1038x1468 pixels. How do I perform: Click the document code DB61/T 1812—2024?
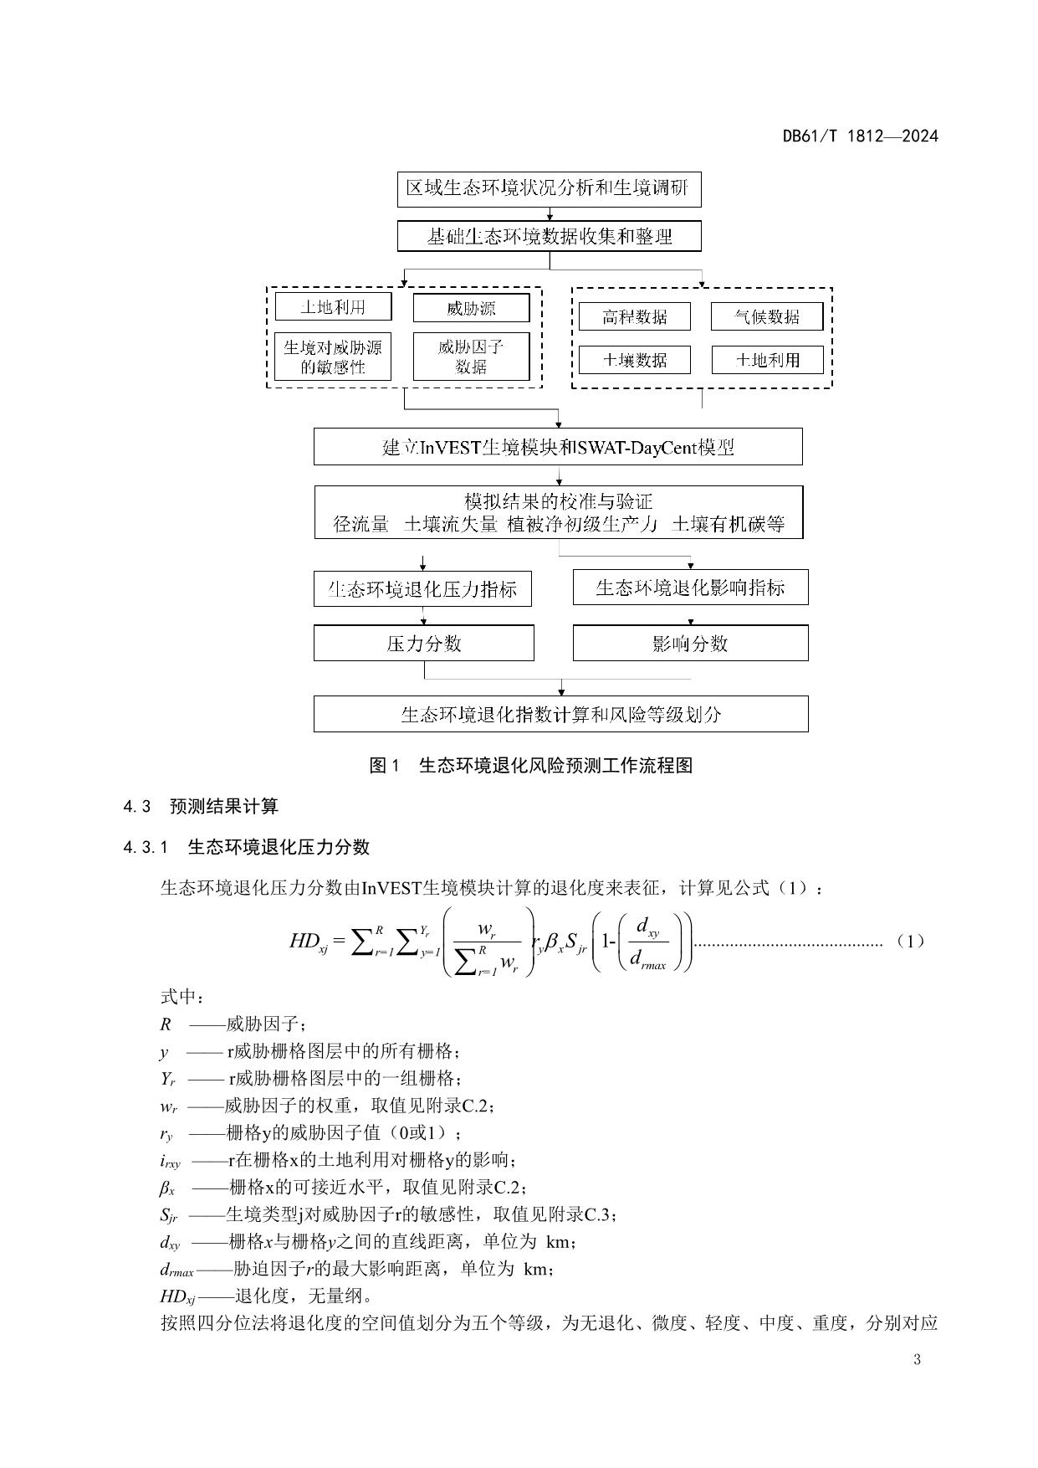(860, 136)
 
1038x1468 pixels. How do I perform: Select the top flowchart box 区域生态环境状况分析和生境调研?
(549, 188)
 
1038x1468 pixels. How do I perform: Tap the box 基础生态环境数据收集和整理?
(549, 237)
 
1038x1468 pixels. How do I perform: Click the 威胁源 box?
(471, 308)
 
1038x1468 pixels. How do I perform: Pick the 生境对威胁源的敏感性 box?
(333, 357)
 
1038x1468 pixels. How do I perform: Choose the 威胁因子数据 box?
(471, 357)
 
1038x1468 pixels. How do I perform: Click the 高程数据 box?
(635, 316)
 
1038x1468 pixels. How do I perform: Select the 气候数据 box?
(767, 316)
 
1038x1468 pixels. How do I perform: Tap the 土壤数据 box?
(635, 360)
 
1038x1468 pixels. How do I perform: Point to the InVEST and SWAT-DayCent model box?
(558, 447)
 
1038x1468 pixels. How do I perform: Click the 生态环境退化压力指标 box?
(422, 589)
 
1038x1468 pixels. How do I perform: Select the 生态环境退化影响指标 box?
(690, 588)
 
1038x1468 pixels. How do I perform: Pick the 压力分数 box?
(423, 644)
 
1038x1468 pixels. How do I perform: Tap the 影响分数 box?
(690, 643)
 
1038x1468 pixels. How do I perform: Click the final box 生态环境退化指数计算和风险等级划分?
(560, 714)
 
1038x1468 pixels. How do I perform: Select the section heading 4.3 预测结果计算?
(201, 806)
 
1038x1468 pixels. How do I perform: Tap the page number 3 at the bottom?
(917, 1359)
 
